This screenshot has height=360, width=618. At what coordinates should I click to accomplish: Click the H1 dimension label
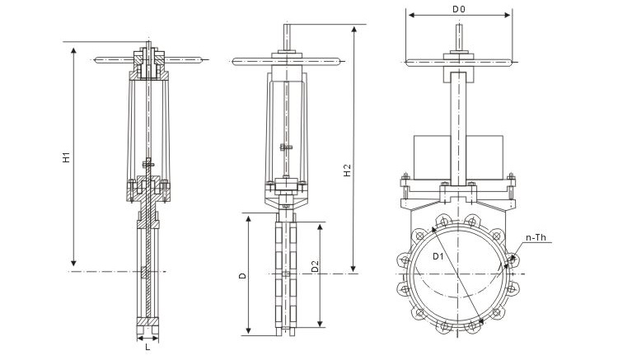[x=66, y=158]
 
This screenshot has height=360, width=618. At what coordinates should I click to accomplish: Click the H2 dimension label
[x=348, y=171]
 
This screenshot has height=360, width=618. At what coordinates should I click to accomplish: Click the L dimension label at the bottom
[x=147, y=347]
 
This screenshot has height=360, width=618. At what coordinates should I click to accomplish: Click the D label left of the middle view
[x=242, y=277]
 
